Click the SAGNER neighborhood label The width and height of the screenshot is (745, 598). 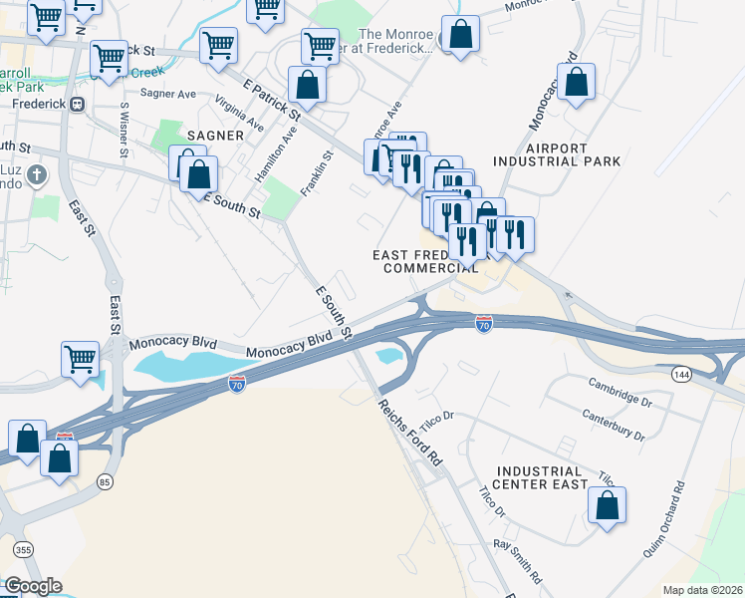point(213,135)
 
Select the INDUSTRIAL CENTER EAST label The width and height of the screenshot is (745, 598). point(541,477)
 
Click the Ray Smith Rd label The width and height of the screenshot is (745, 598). point(518,561)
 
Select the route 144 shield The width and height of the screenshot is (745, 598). point(681,374)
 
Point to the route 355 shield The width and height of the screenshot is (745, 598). point(21,549)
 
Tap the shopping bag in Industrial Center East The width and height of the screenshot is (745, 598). point(607,505)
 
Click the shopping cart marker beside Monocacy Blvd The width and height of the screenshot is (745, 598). point(80,359)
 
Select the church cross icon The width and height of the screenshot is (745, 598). point(37,177)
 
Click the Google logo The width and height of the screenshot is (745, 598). point(33,585)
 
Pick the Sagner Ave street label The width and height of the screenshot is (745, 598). point(168,93)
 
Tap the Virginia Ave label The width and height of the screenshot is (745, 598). point(238,114)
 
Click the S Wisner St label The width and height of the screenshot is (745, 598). point(124,130)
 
